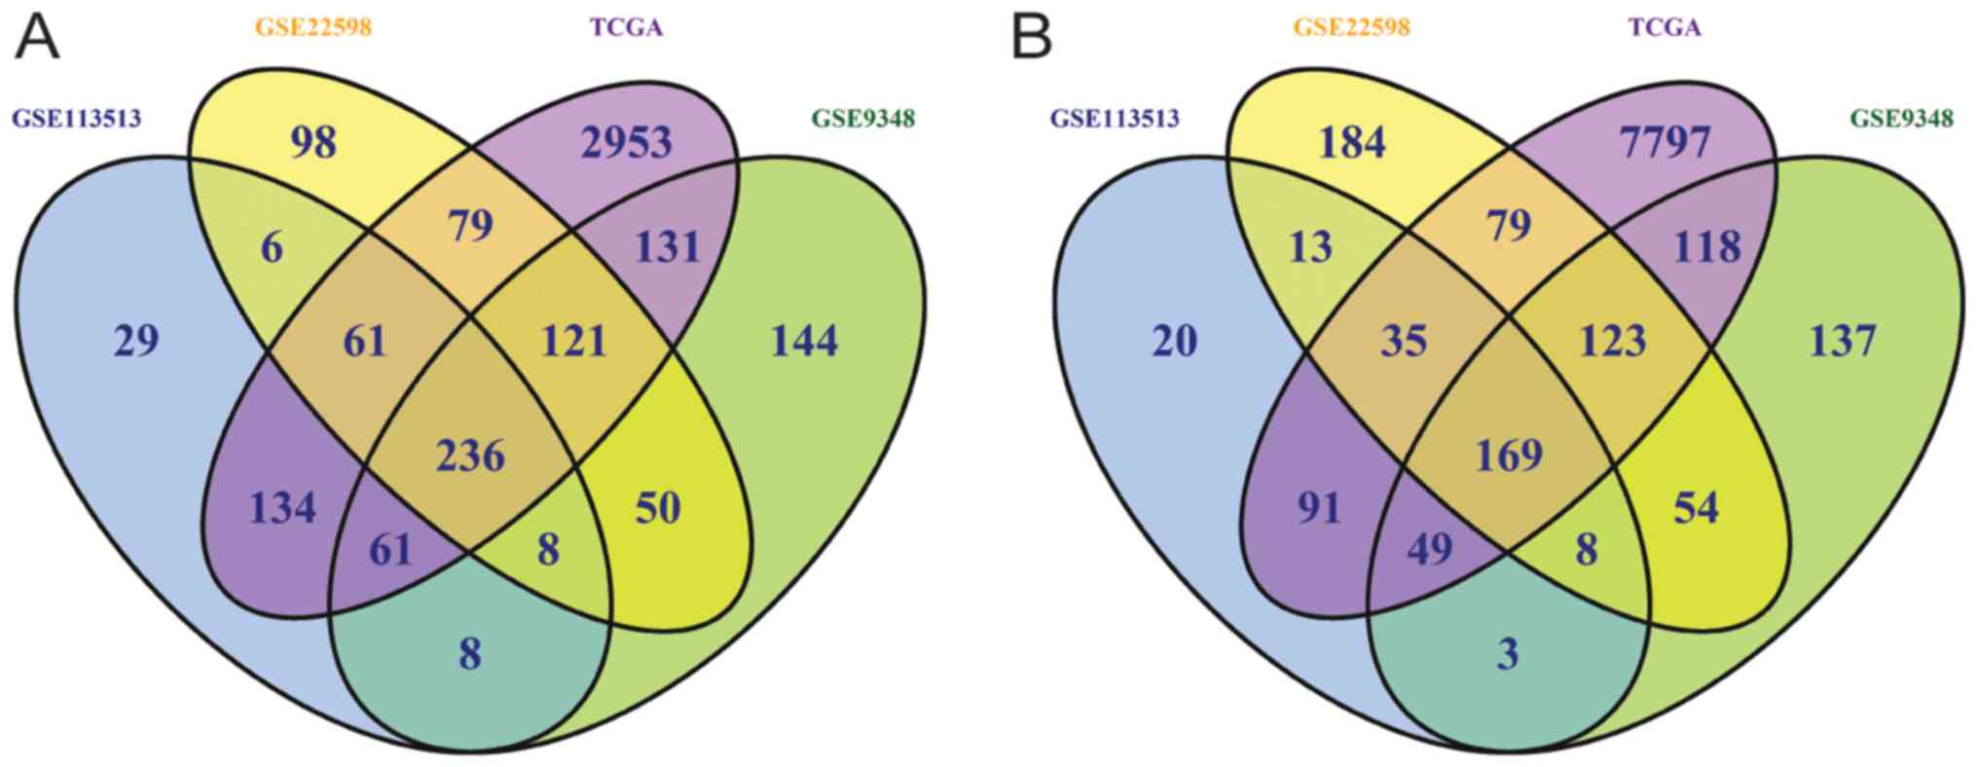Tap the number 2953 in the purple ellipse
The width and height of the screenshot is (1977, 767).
[627, 143]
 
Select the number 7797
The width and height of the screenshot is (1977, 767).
[1666, 143]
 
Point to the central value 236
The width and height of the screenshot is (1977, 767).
[471, 456]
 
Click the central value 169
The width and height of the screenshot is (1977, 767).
[1509, 456]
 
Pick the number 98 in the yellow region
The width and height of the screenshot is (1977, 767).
[313, 143]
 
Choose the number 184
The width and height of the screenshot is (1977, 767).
[1351, 143]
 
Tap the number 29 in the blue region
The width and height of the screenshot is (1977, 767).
[135, 342]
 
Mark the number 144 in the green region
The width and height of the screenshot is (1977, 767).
[804, 342]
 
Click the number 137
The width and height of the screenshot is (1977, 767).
[1843, 342]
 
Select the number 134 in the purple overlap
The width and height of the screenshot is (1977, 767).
[281, 507]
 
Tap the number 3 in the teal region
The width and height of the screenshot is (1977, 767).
[1508, 654]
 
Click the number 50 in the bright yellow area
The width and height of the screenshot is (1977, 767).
[657, 507]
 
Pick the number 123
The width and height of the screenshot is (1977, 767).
[1613, 342]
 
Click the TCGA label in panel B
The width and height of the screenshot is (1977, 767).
[1666, 27]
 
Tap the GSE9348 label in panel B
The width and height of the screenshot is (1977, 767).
[1901, 119]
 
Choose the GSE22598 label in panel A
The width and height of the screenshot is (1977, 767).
[313, 27]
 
